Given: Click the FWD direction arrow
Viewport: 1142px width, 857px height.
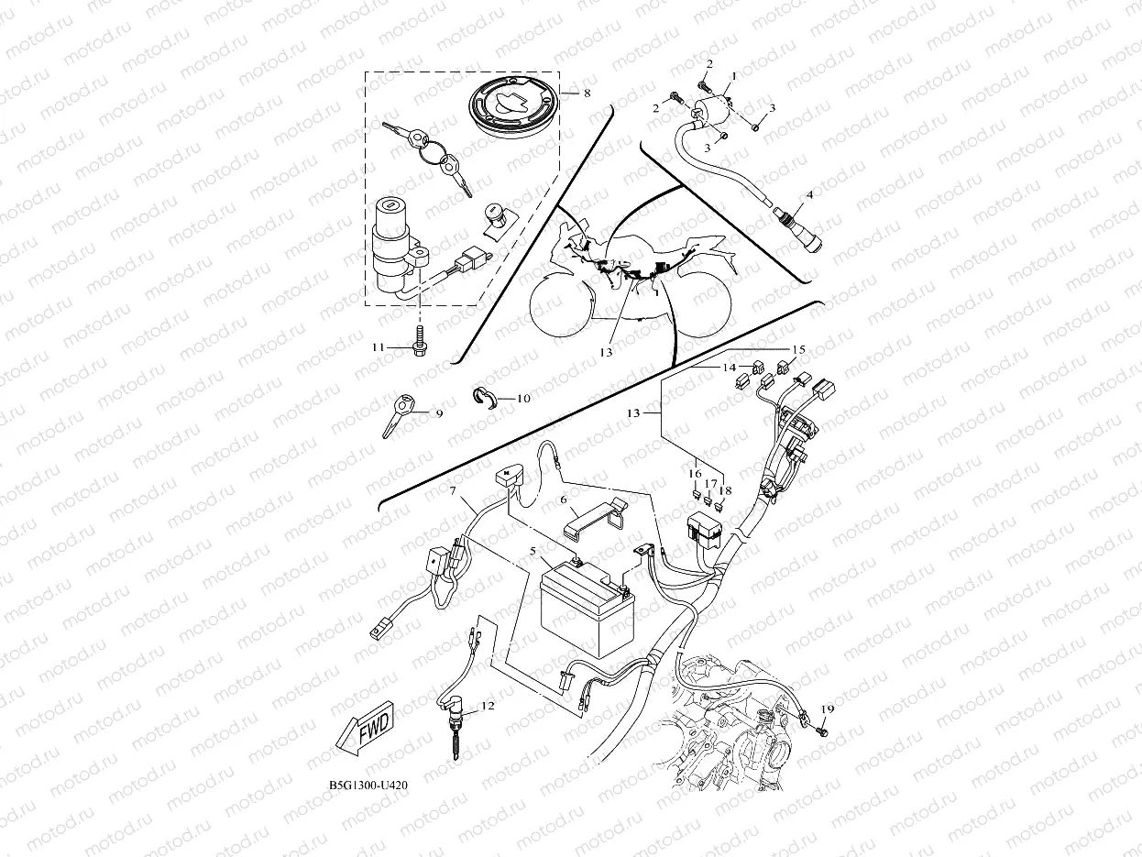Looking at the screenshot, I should [363, 731].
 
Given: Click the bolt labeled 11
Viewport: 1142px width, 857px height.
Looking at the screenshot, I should [422, 344].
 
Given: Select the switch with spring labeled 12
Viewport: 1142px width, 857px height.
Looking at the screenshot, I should [456, 720].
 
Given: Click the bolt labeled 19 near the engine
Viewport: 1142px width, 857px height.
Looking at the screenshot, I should [822, 731].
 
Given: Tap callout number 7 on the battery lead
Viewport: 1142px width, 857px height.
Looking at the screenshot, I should [452, 493].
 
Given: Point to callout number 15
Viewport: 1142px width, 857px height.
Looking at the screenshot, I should [798, 349].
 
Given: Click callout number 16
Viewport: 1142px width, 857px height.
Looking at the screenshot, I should [696, 473].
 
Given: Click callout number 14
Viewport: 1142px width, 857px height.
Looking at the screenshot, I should [730, 368].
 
